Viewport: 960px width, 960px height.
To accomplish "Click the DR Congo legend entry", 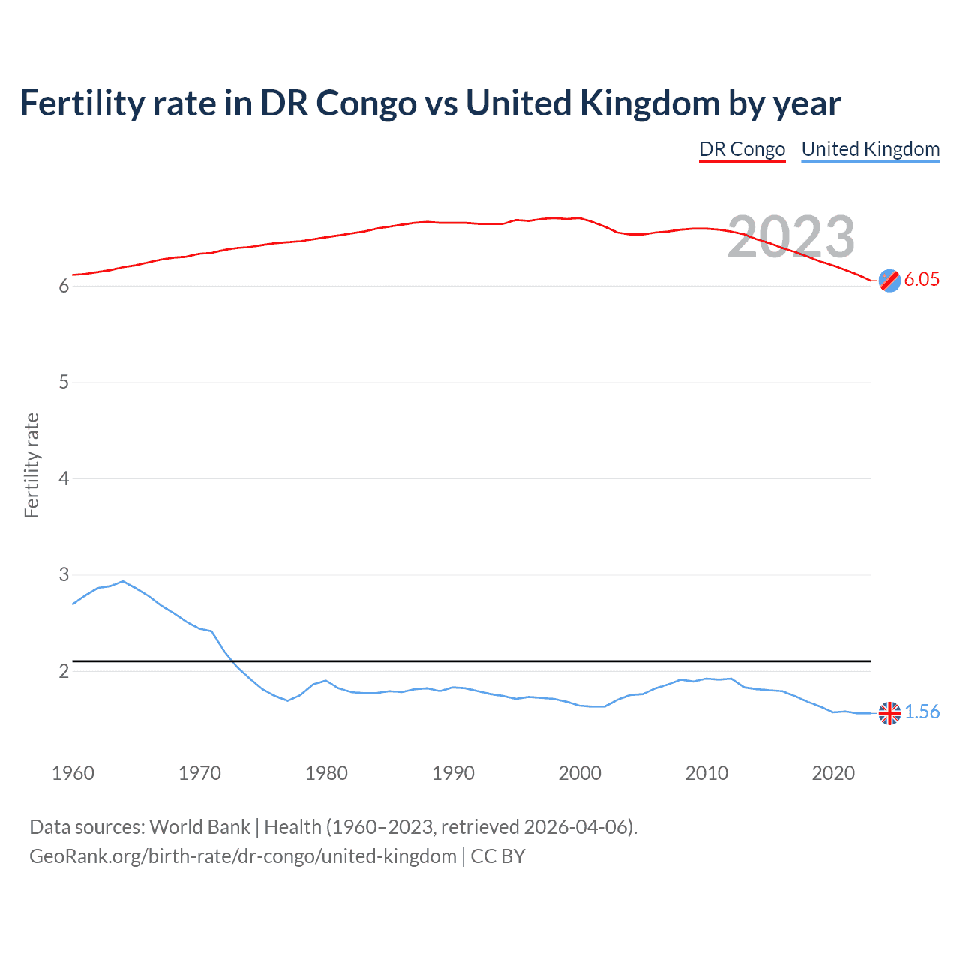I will (x=742, y=149).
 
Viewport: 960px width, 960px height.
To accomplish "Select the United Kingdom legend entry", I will (x=870, y=149).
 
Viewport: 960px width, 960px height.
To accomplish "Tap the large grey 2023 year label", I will (x=791, y=237).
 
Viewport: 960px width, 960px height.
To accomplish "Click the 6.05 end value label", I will (x=922, y=279).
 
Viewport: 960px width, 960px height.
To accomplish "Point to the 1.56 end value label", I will (x=922, y=712).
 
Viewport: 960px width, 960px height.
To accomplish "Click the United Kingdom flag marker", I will (x=889, y=713).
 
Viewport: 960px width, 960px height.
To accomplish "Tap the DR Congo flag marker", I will (x=889, y=280).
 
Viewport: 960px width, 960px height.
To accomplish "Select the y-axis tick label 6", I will (x=64, y=286).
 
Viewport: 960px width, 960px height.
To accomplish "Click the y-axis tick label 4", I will (x=64, y=478).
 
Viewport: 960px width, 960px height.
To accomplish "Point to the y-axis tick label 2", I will (x=64, y=671).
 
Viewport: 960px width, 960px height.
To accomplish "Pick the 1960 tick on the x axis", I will (x=73, y=773).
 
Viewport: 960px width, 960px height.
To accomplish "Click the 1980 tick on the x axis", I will (x=326, y=773).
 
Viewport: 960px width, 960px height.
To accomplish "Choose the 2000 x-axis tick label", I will (x=580, y=773).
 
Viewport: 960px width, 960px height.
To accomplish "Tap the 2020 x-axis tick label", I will (x=833, y=773).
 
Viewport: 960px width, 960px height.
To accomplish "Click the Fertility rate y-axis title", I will (x=31, y=465).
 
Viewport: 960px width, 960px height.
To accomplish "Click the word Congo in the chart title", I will (x=366, y=103).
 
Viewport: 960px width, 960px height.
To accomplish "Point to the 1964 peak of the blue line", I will (x=123, y=581).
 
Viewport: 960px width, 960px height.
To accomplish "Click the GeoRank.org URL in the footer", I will (x=242, y=856).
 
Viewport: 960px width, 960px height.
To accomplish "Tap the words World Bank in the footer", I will (x=199, y=827).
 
